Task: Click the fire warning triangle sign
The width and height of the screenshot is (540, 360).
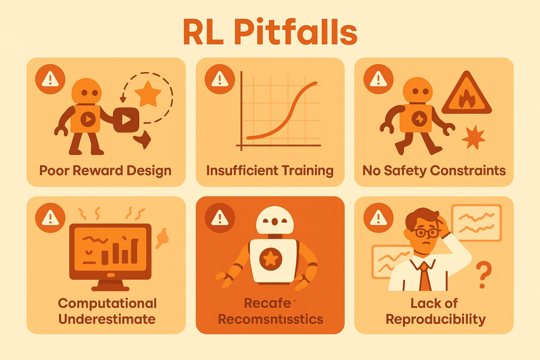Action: pos(466,95)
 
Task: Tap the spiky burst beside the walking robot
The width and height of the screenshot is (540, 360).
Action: pos(473,138)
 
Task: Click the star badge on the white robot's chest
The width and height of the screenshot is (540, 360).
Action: pos(270,258)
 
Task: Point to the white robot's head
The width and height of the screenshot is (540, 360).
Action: pos(269,219)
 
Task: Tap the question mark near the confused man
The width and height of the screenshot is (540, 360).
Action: pos(481,274)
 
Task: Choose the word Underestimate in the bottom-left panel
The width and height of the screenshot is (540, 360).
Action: pos(108,319)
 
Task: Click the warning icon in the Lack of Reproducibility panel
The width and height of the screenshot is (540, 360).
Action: pos(378,218)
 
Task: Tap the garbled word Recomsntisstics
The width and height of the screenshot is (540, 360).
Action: pos(271,319)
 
